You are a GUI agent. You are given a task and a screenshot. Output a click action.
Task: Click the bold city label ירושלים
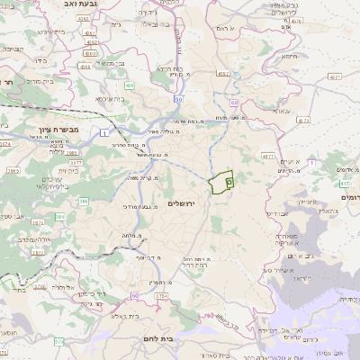coord(188,204)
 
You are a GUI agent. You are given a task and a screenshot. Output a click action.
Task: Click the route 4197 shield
coord(223,73)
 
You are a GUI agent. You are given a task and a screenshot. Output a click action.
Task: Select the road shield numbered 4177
coord(267,156)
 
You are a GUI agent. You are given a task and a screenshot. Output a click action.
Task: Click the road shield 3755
coord(160,295)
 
